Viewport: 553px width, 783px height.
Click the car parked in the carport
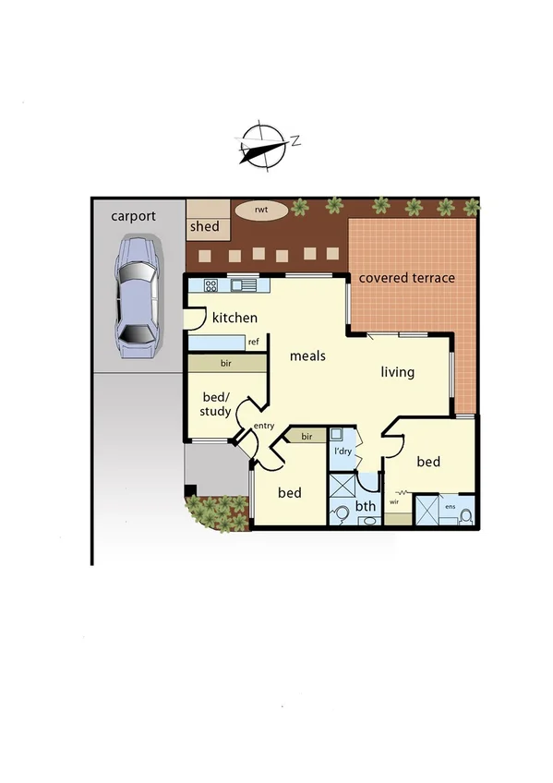tap(135, 298)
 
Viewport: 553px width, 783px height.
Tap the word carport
tap(134, 217)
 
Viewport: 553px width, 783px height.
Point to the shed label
tap(204, 227)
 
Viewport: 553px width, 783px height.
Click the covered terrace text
tap(406, 278)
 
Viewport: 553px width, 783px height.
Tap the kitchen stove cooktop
tap(210, 285)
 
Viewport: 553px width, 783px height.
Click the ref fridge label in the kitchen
tap(253, 343)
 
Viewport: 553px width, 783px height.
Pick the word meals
tap(307, 355)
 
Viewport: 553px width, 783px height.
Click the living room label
tap(398, 373)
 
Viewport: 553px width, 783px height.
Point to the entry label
tap(264, 426)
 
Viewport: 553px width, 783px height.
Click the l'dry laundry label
tap(342, 453)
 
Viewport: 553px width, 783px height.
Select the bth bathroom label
tap(366, 506)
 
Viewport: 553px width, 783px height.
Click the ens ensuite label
tap(451, 507)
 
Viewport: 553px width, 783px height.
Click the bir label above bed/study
tap(226, 365)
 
